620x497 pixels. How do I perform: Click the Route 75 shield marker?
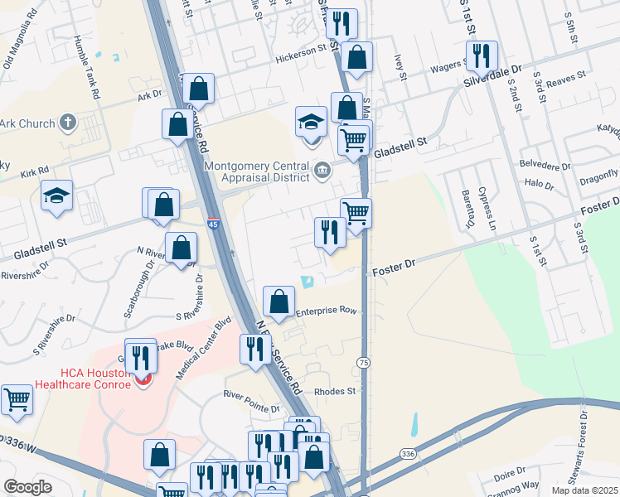363,363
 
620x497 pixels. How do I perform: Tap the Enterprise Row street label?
326,310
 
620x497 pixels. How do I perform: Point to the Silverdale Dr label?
495,77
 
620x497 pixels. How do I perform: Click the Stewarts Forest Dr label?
585,452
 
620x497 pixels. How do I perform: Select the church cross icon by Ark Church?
69,124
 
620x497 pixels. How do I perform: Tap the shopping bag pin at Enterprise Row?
279,301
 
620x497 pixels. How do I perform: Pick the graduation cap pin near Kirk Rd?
56,195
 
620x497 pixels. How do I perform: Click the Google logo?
28,487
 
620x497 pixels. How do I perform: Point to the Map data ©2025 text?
585,490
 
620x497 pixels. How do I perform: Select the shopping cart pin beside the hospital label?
17,399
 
